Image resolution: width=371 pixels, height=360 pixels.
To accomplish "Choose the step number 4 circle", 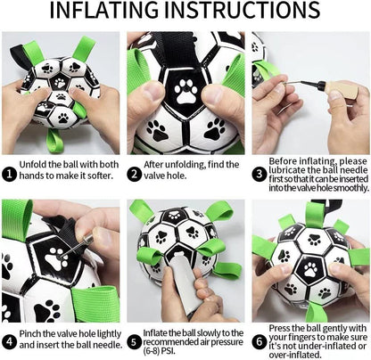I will point(10,339).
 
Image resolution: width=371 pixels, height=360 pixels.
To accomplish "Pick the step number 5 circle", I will point(134,339).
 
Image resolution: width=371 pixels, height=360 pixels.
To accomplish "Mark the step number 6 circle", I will point(260,339).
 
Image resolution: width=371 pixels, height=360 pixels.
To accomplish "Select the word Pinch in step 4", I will point(35,332).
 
